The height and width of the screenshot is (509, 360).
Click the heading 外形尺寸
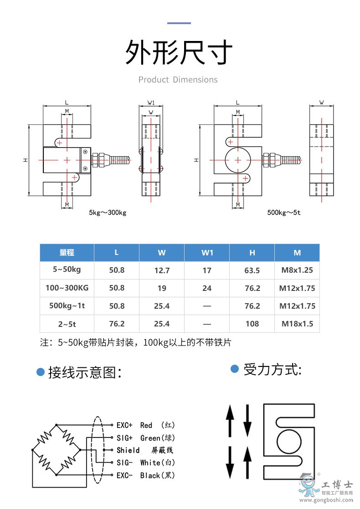tap(179, 53)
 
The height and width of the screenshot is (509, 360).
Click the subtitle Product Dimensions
tap(178, 80)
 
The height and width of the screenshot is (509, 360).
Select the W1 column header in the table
tap(207, 253)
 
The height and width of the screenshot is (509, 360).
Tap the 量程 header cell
tap(67, 253)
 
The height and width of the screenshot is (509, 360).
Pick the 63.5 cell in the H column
tap(252, 270)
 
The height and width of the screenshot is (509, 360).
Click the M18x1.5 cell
tap(297, 324)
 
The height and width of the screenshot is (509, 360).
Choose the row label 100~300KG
tap(67, 288)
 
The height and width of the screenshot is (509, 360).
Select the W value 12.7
tap(162, 270)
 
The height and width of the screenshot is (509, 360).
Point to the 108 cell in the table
tap(252, 324)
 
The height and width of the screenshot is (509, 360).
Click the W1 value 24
tap(207, 288)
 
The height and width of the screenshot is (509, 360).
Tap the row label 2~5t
tap(67, 323)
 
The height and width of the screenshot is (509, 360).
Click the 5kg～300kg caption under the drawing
tap(108, 213)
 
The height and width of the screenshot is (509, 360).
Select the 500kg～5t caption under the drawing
tap(284, 213)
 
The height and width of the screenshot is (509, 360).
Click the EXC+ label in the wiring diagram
tap(124, 425)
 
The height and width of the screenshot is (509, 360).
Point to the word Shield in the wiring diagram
tap(128, 450)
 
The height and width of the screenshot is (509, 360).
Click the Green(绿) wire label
tap(157, 438)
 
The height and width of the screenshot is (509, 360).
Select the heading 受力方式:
tap(273, 369)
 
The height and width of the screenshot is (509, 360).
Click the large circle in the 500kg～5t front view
tap(237, 160)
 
